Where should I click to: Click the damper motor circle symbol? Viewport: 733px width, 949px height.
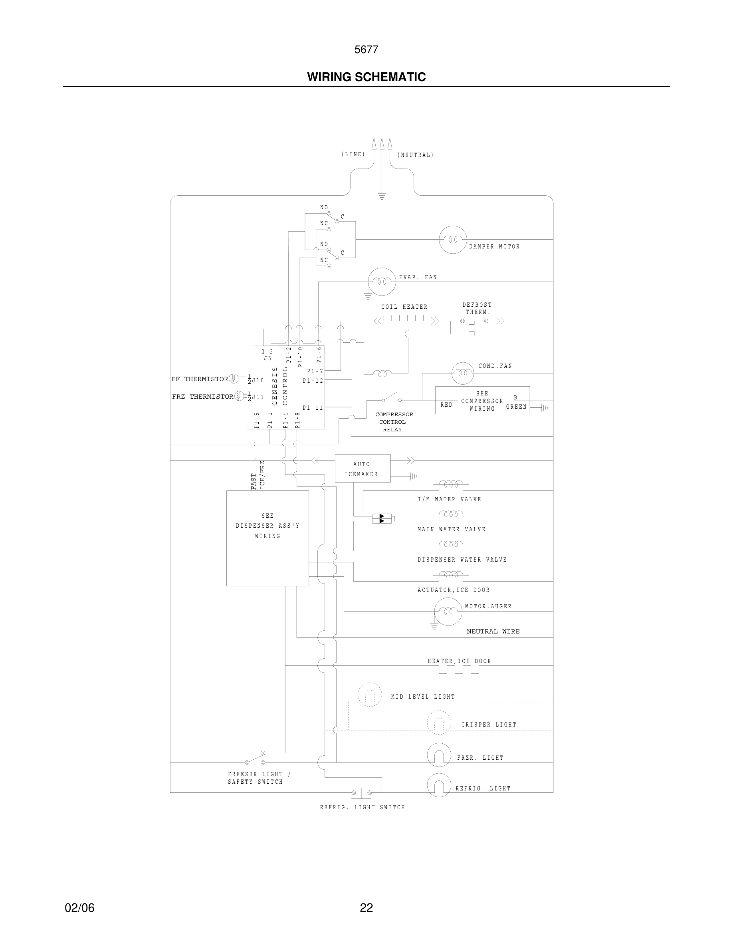pos(452,239)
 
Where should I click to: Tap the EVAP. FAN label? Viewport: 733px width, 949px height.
pos(418,277)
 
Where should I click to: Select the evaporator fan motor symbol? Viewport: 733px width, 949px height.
pos(382,282)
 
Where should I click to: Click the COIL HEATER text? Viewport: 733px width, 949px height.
pos(404,307)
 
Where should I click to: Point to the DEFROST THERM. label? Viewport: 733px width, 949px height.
pos(477,308)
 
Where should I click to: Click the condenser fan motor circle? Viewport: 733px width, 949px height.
pos(462,373)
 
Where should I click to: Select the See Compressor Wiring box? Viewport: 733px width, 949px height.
pos(482,400)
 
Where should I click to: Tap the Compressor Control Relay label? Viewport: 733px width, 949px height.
pos(393,422)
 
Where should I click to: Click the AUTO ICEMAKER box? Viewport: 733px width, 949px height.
pos(362,469)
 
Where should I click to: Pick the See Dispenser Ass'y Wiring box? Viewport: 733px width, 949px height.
pos(267,538)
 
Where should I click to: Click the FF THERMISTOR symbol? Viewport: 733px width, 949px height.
pos(233,379)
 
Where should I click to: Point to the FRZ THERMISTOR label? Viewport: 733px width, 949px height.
pos(202,396)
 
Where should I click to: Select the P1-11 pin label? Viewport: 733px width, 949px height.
pos(313,407)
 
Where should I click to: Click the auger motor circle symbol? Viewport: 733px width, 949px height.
pos(448,611)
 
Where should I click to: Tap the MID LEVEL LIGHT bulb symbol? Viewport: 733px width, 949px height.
pos(370,694)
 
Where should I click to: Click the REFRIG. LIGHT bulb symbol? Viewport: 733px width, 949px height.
pos(439,785)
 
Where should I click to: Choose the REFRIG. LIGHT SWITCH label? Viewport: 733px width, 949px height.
pos(362,807)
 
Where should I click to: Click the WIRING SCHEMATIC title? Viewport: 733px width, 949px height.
pos(366,77)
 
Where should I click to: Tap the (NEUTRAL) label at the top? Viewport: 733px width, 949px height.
pos(415,155)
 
